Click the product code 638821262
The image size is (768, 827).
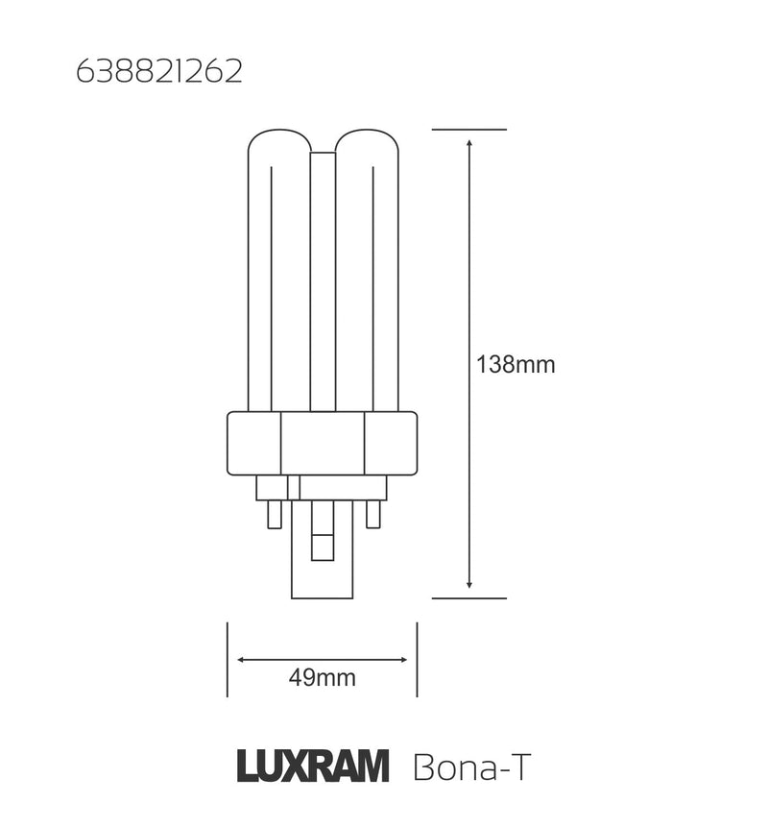[158, 74]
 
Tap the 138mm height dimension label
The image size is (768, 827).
[516, 365]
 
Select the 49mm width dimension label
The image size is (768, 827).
[322, 678]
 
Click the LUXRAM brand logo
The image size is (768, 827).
[313, 766]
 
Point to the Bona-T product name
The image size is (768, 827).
[470, 767]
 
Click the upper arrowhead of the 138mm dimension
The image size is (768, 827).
[468, 143]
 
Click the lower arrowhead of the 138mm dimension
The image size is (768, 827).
[468, 583]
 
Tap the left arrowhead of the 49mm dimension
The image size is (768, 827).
[242, 660]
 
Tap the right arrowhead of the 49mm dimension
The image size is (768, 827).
[401, 660]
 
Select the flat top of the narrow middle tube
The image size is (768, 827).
[322, 154]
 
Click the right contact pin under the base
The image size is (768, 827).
[373, 514]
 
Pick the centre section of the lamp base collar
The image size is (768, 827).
[322, 443]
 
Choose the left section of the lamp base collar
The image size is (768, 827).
[252, 443]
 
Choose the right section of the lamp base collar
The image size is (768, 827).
[391, 443]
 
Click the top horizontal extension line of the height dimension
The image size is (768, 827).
[468, 129]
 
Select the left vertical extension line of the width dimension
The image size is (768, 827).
[227, 660]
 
